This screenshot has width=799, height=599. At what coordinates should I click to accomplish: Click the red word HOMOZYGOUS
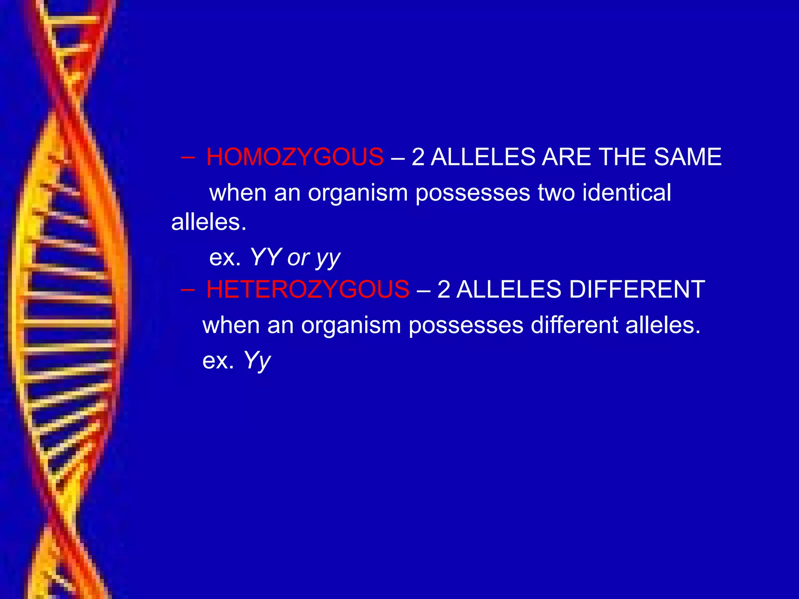(x=295, y=157)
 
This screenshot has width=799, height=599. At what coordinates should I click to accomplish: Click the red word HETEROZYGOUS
(x=307, y=289)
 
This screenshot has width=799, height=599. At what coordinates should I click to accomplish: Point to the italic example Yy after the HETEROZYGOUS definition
(x=257, y=360)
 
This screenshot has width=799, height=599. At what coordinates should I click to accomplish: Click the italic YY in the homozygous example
(x=265, y=257)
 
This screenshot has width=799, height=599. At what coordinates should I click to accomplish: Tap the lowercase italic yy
(x=328, y=259)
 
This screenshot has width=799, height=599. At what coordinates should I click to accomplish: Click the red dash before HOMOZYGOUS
(x=188, y=158)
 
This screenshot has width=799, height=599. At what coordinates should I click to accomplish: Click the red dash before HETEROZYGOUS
(x=188, y=290)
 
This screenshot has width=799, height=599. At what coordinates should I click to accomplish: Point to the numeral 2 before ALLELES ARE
(x=418, y=157)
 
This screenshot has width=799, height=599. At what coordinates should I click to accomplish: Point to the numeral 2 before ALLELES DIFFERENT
(x=444, y=289)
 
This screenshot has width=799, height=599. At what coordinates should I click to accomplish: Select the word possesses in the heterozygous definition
(x=465, y=326)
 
